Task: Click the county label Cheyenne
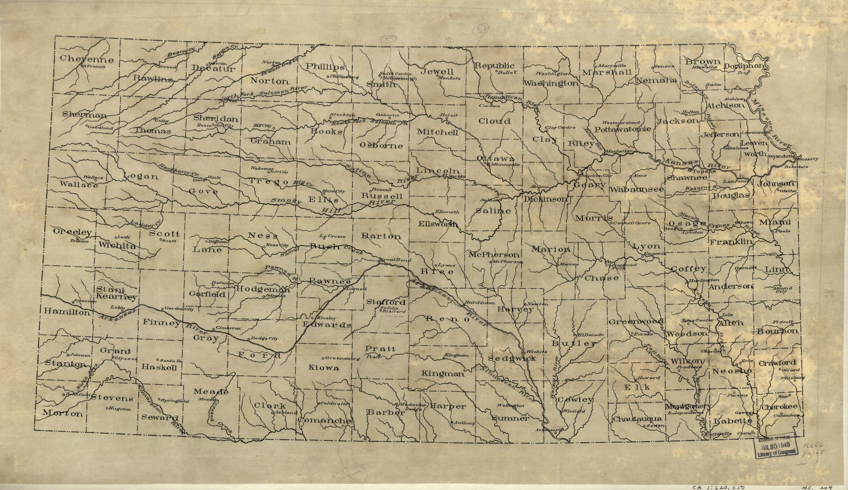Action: [87, 59]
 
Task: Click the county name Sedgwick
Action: [512, 359]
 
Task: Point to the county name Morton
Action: [63, 414]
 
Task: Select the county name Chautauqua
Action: [637, 419]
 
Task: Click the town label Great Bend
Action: [391, 260]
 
